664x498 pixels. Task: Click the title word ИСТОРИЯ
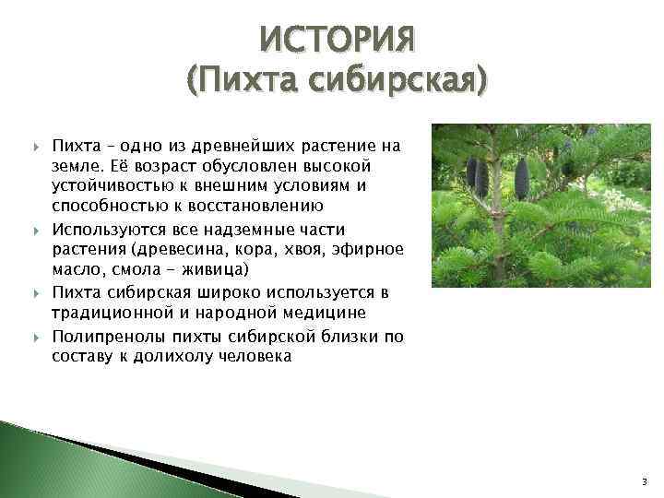338,40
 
